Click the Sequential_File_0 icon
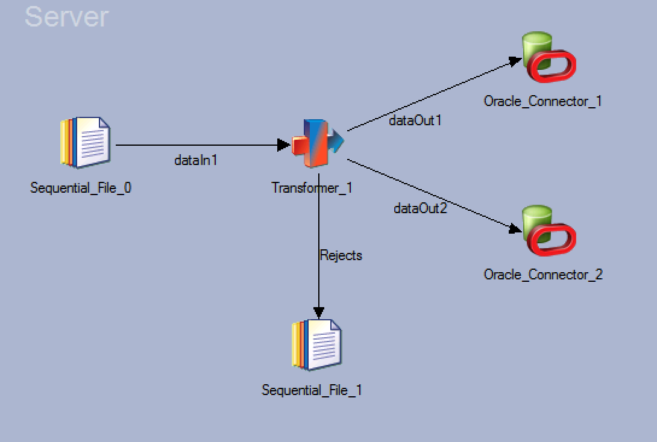(85, 143)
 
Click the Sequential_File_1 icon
(316, 345)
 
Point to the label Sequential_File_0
(81, 188)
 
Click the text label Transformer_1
(312, 188)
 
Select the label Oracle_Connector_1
(542, 101)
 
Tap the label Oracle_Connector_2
(542, 275)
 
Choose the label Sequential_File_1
(312, 390)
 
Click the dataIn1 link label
(195, 160)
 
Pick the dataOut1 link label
(415, 120)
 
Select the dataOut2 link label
(420, 208)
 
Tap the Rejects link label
(341, 255)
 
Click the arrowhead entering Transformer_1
(284, 145)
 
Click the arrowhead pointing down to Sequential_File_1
(318, 312)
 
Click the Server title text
(66, 16)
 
